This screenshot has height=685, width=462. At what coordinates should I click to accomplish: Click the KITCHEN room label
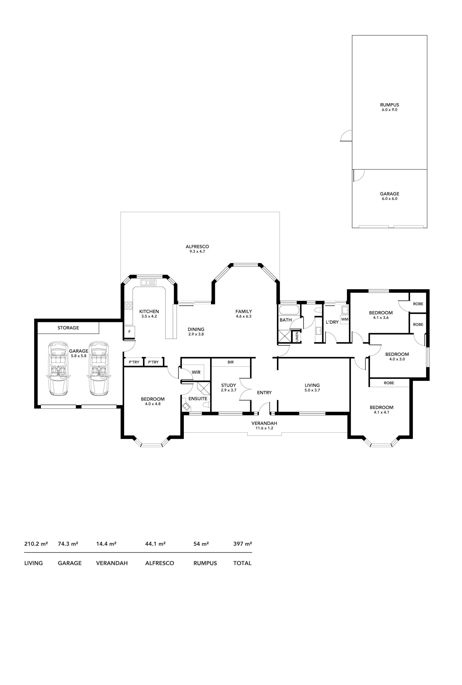tap(149, 311)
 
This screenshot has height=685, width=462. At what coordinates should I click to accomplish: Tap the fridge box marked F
tap(129, 332)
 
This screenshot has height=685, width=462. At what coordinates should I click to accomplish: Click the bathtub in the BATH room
tap(289, 310)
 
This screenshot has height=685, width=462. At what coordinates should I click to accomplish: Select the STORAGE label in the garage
tap(68, 328)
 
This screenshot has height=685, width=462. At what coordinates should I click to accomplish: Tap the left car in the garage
tap(58, 368)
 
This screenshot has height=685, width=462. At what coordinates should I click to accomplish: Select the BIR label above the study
tap(231, 362)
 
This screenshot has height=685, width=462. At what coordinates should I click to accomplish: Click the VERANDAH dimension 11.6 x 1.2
tap(264, 428)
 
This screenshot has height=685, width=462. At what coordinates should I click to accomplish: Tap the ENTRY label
tap(264, 393)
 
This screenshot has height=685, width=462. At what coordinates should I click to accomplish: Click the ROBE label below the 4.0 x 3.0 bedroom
tap(389, 383)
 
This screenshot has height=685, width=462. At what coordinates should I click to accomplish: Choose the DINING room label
tap(196, 329)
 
